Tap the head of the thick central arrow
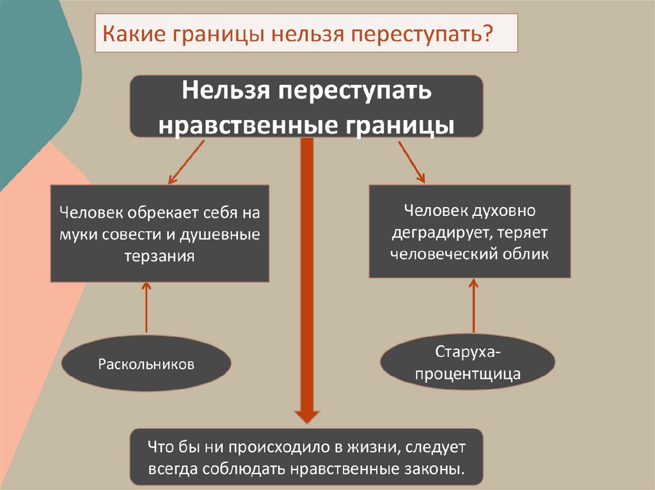point(307,414)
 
